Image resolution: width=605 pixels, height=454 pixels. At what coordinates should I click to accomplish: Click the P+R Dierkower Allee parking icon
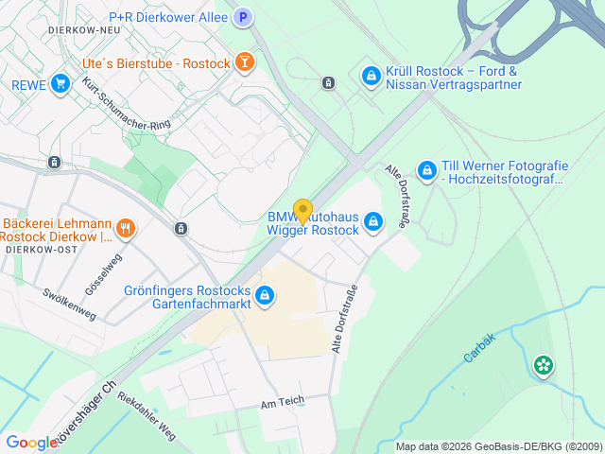243,17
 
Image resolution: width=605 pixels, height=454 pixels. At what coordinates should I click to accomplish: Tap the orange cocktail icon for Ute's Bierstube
245,63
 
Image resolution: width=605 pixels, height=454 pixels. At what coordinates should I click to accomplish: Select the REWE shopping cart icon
61,84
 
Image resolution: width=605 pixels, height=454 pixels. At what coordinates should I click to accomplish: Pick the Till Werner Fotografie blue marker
427,170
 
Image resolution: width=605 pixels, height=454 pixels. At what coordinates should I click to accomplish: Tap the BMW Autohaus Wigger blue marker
373,222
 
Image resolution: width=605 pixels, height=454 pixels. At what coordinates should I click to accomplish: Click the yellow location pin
302,211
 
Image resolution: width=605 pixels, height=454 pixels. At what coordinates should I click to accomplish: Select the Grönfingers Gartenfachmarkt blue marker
266,296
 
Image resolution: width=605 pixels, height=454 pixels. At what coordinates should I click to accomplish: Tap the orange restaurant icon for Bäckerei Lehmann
125,228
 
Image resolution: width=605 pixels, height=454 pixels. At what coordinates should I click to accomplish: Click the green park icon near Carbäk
543,364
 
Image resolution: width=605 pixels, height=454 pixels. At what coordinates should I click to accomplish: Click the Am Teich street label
283,402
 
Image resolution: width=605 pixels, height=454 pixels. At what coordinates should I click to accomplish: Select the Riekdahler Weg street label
147,411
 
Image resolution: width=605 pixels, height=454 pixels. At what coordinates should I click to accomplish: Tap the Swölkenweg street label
69,301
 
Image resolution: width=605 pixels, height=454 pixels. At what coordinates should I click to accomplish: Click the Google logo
31,442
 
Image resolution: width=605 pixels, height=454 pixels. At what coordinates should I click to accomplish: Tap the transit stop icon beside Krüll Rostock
328,82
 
